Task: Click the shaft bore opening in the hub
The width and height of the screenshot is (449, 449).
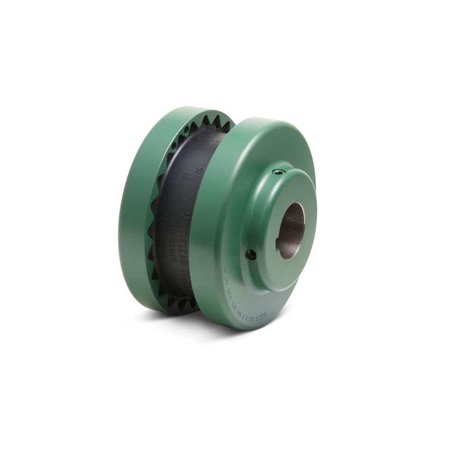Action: tap(290, 230)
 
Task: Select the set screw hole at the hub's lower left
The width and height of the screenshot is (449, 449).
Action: tap(251, 253)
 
